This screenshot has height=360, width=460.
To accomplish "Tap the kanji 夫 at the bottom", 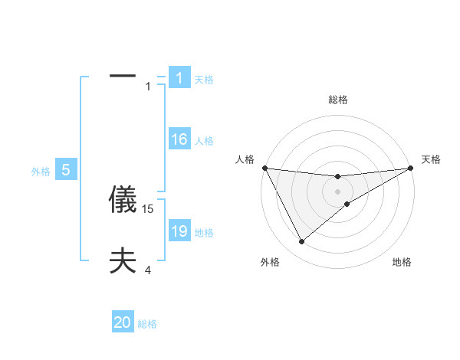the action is point(123,261).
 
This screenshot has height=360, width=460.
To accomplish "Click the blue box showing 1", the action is point(179,78).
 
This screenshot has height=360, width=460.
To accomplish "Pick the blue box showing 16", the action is point(179,139).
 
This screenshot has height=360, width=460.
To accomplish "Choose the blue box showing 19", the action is point(179,231).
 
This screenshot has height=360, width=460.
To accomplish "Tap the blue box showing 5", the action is point(66,170).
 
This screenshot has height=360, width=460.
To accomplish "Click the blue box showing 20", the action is point(123,322).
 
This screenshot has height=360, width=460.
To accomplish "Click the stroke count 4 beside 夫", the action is point(148,270).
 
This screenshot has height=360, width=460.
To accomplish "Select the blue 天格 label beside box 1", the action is point(204,80).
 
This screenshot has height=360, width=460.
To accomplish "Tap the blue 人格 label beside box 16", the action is point(204,141).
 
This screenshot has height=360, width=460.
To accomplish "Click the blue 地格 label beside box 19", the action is point(204,233).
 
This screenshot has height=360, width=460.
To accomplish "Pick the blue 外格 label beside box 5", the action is point(41,172).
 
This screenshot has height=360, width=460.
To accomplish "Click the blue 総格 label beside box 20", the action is point(147,324).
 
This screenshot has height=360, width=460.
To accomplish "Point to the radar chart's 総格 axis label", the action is point(338,100).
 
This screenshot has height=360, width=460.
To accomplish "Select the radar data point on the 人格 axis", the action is point(264,168).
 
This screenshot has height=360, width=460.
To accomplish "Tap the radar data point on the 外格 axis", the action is point(301,242).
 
